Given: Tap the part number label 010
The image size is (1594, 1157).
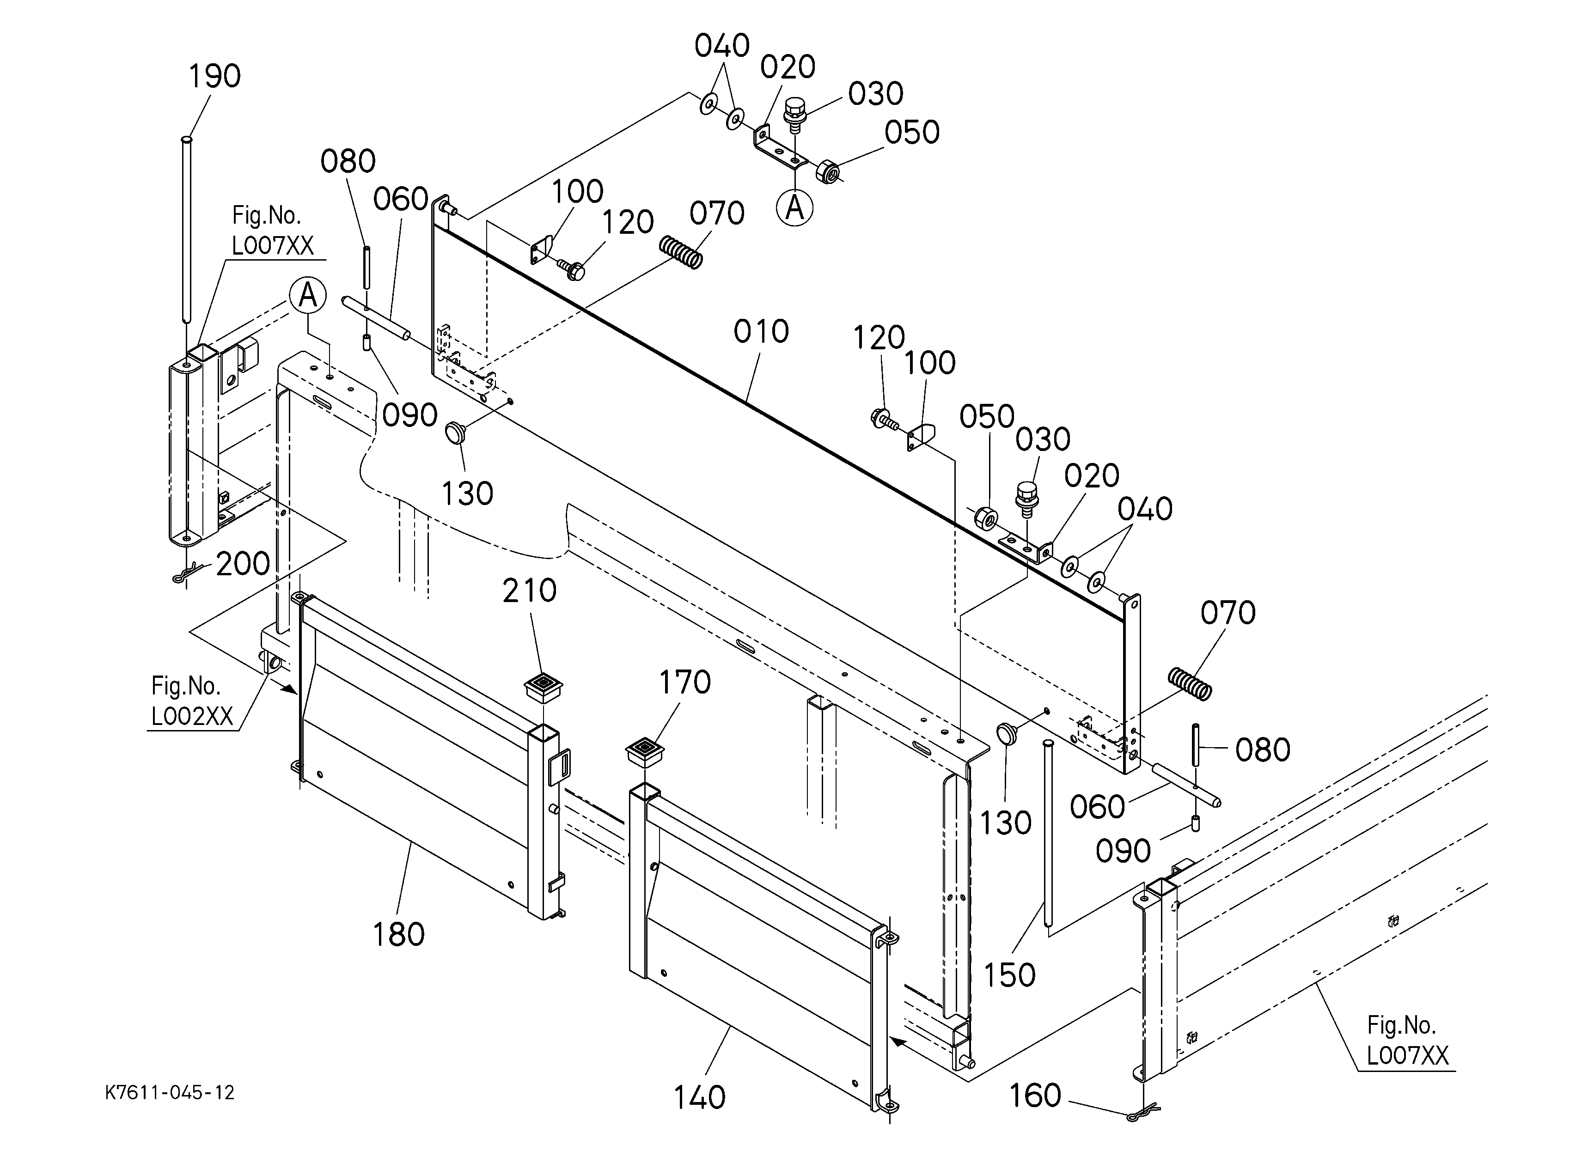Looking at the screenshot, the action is pyautogui.click(x=761, y=332).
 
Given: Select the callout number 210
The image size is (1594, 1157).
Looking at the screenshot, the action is pyautogui.click(x=529, y=591).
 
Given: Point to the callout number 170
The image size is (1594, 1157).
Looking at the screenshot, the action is pyautogui.click(x=684, y=682).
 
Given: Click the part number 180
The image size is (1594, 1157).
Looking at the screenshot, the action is pyautogui.click(x=398, y=934).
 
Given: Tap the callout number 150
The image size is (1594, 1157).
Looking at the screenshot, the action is pyautogui.click(x=1009, y=975).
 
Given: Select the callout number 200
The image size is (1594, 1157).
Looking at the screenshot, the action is pyautogui.click(x=243, y=563).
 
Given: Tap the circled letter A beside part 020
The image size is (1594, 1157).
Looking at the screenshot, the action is pyautogui.click(x=795, y=207).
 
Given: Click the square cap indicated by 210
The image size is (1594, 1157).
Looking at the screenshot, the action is pyautogui.click(x=544, y=688).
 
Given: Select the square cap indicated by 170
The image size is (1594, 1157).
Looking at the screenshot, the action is pyautogui.click(x=645, y=754).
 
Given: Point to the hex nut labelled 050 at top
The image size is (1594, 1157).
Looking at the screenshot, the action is pyautogui.click(x=829, y=171).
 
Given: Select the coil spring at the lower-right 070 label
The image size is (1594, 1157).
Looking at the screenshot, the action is pyautogui.click(x=1190, y=683).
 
